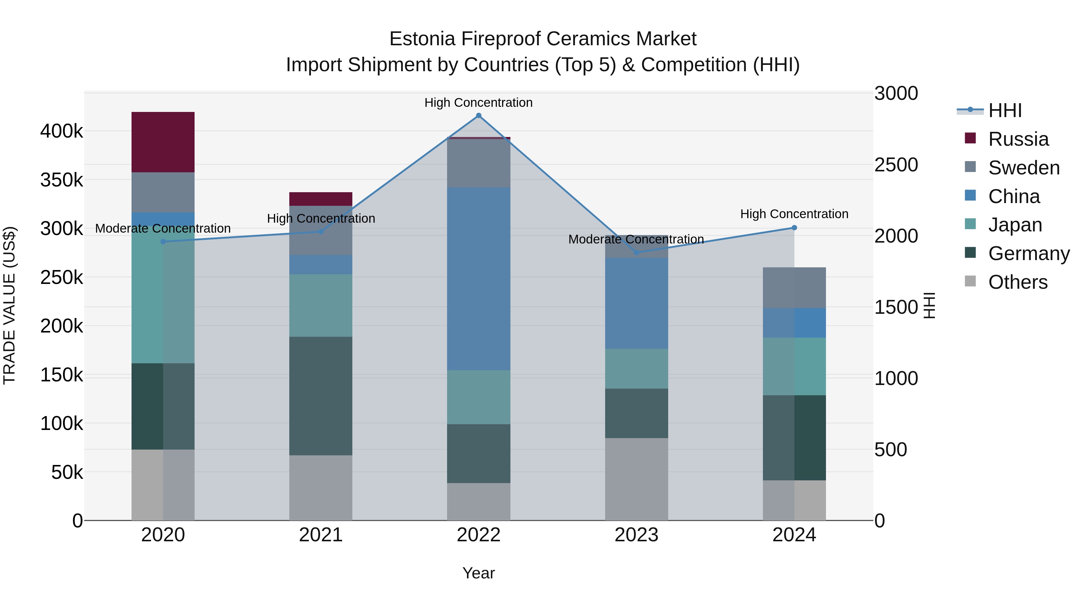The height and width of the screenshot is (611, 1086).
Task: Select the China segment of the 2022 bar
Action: (478, 278)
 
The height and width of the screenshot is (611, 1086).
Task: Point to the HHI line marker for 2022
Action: (478, 116)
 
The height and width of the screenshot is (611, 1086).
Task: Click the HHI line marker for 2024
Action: (794, 228)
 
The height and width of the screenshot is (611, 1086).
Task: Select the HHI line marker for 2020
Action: (163, 242)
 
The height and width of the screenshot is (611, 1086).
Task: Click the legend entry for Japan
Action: (1015, 225)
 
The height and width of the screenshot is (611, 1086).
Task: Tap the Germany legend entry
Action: (1029, 253)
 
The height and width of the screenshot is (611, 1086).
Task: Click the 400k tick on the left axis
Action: (62, 131)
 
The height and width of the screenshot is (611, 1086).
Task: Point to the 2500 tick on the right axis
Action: (896, 165)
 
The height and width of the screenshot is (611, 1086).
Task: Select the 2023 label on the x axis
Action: (636, 535)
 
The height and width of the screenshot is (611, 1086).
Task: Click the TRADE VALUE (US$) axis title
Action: (9, 305)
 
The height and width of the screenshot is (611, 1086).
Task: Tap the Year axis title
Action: (478, 573)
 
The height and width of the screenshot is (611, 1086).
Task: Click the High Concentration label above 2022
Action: (478, 103)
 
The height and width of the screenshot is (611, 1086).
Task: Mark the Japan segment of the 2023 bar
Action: (636, 368)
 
